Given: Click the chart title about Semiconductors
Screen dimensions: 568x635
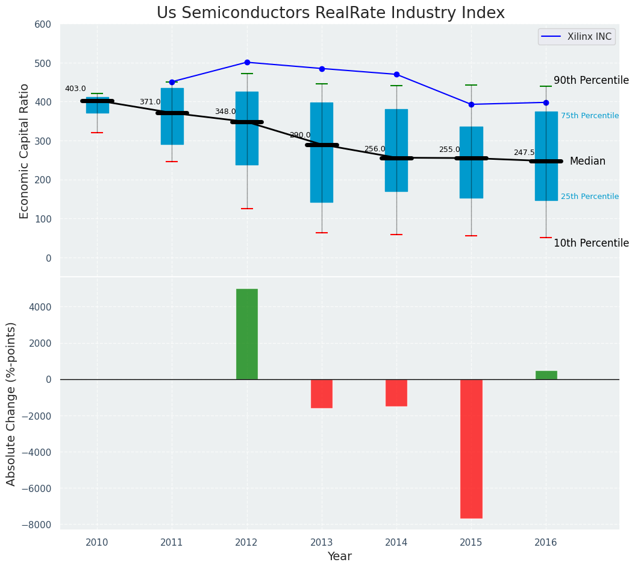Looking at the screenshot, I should point(330,13).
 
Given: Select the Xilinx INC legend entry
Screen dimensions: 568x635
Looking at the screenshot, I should point(589,37).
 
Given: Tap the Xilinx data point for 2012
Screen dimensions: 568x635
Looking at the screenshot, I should point(247,62).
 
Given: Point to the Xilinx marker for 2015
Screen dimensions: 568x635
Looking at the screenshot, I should point(471,104).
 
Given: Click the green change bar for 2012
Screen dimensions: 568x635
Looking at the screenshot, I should point(247,334).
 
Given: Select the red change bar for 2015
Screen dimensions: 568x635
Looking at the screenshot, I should point(471,449).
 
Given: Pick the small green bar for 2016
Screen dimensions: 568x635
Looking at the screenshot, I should point(546,375).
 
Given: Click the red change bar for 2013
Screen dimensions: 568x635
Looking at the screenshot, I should point(322,394).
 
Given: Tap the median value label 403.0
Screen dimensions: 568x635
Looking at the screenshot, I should point(75,89).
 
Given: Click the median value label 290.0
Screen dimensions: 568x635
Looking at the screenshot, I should point(300,135).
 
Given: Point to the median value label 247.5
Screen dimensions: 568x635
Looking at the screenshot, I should point(524,153).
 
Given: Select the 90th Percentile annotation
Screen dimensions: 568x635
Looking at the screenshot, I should point(590,81).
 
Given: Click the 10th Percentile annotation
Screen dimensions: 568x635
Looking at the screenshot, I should point(590,243).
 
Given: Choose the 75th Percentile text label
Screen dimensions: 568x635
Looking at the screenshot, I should point(589,116).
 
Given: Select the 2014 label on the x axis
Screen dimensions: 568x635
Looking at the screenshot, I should point(396,543).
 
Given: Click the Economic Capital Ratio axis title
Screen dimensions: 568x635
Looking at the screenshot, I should point(25,151).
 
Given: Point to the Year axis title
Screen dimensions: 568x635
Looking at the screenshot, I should point(339,556).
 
